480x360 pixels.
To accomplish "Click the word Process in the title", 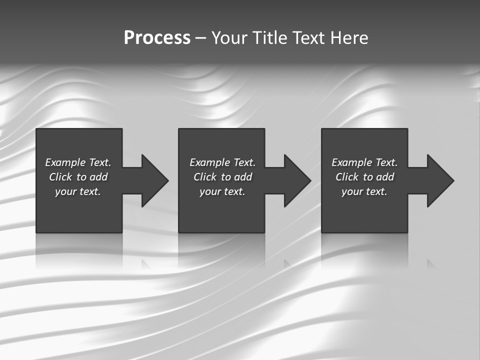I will click(157, 38).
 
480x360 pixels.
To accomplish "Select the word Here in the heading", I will click(349, 38).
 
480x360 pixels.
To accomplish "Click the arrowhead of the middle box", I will click(296, 180).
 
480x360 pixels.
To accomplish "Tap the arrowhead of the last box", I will click(439, 180).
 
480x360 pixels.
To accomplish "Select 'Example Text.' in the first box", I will click(78, 162).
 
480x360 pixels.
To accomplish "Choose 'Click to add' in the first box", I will click(78, 177).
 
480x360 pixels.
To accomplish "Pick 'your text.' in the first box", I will click(78, 191).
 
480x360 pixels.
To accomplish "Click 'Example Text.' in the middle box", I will click(222, 162).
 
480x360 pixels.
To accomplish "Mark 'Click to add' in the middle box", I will click(222, 177).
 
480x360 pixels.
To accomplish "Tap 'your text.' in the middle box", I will click(222, 191).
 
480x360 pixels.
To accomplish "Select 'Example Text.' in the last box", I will click(364, 162).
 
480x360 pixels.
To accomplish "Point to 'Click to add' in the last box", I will click(364, 177).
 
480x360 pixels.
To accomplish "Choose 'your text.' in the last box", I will click(364, 191).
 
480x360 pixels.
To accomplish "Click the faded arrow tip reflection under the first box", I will click(145, 263).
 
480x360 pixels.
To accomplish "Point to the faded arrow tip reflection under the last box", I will click(430, 263).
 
